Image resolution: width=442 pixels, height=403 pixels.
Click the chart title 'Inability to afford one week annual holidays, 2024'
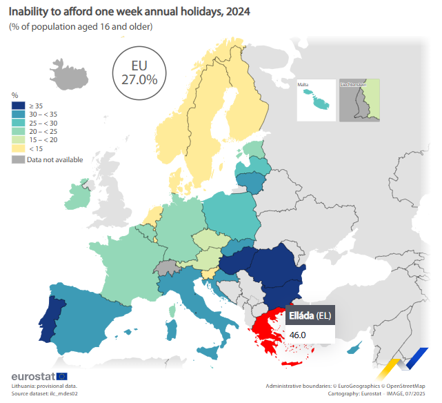(x=130, y=12)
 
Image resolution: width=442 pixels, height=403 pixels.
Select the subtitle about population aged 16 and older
(x=81, y=26)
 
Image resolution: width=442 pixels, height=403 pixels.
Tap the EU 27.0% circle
(x=139, y=72)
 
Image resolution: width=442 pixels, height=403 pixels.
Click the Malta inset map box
(x=315, y=101)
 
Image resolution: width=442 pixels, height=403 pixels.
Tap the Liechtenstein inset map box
(x=359, y=101)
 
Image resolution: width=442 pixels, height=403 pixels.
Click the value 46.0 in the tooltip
(x=298, y=335)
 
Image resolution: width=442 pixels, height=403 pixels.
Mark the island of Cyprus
(x=354, y=349)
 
